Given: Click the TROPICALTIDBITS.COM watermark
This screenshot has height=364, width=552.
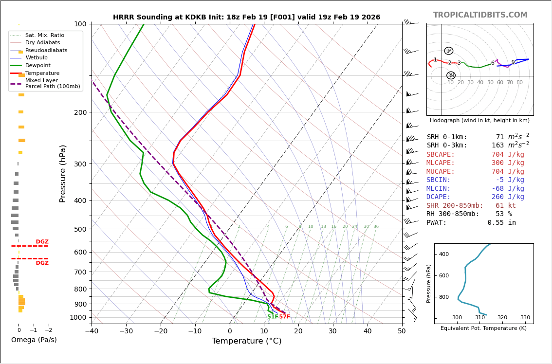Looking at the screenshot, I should point(480,15).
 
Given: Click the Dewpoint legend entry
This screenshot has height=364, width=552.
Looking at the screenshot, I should point(37,66).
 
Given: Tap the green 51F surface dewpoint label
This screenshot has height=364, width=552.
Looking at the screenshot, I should point(273,317).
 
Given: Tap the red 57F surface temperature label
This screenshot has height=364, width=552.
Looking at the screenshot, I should point(285,317).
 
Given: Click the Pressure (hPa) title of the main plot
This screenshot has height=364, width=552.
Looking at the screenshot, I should point(63,173).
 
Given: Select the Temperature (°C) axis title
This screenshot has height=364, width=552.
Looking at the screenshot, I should point(246,341).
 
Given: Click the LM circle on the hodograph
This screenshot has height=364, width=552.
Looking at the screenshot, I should point(449,51).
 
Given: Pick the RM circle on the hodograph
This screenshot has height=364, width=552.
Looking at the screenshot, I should point(451,75).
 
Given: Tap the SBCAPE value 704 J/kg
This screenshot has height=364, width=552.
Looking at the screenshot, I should point(508,155).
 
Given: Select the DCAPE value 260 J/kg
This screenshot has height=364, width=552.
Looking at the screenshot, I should point(508,197).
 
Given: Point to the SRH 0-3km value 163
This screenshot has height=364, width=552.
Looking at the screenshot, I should point(497,146).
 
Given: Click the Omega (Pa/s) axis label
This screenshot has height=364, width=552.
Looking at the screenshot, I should point(34,340).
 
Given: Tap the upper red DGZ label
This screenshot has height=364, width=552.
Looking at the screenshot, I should point(42,242).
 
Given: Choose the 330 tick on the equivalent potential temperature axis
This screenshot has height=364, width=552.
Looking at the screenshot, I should point(525,318).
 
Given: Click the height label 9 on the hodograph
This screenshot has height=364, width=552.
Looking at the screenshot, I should point(513,62).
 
